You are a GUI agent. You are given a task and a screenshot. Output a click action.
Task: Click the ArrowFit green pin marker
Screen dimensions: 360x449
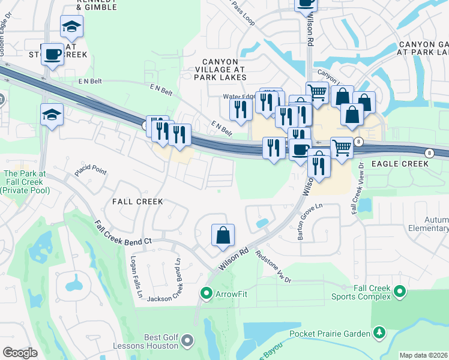point(206,293)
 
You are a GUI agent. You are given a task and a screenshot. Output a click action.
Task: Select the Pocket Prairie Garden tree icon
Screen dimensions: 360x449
point(379,332)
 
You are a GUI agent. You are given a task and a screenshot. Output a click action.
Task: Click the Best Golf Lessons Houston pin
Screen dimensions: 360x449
point(187,341)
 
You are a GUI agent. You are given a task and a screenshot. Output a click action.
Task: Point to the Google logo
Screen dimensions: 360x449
point(20,353)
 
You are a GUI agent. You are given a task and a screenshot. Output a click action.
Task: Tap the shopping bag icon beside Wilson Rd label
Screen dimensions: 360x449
point(223,236)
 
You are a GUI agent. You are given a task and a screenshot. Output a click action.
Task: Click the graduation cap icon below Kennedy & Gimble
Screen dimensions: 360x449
point(71,27)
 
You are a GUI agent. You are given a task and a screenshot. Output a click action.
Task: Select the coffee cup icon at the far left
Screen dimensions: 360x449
point(52,54)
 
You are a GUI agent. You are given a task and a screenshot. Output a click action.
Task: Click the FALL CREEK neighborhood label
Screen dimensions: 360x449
point(137,202)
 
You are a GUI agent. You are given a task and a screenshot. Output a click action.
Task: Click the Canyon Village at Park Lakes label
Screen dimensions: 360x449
point(224,70)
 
